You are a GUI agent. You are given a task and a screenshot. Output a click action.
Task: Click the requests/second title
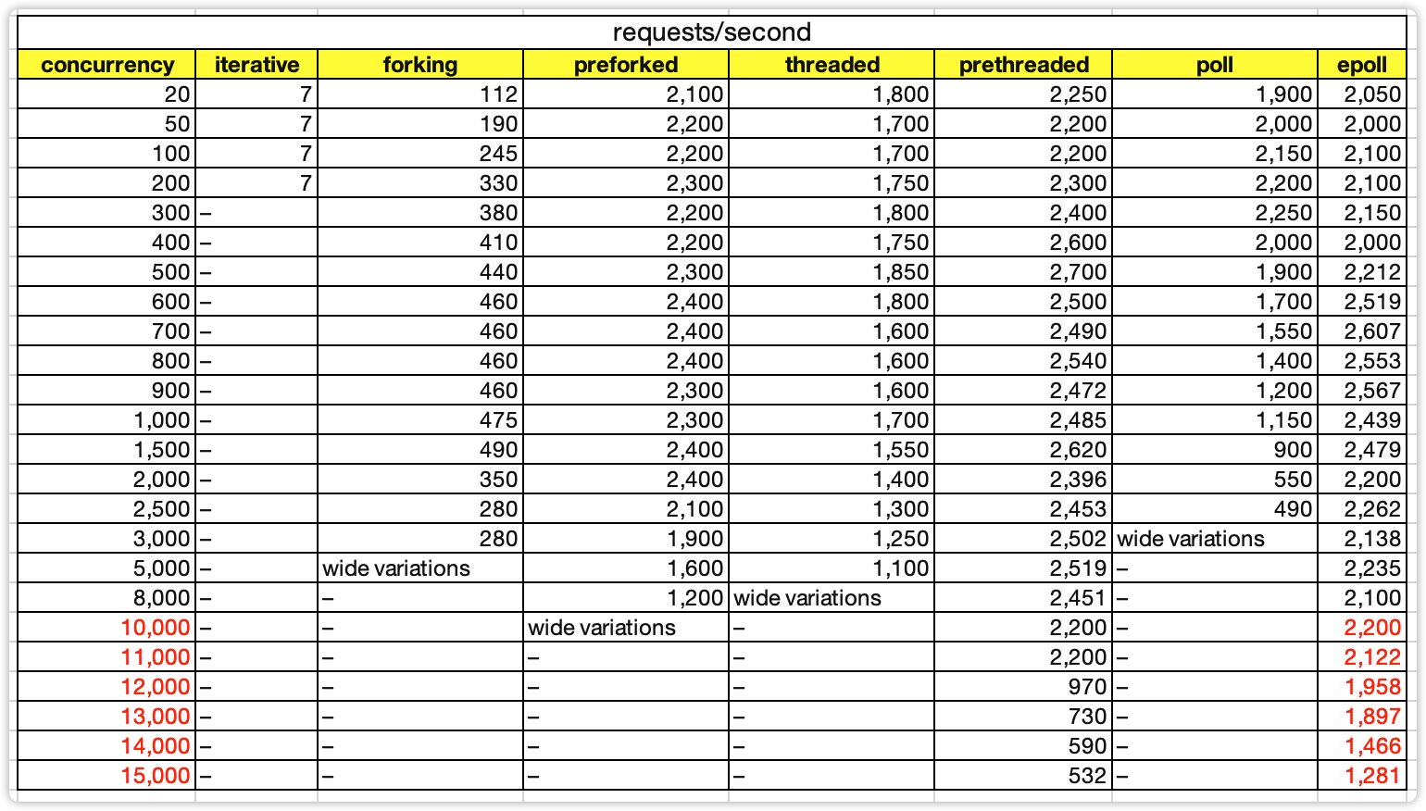(711, 32)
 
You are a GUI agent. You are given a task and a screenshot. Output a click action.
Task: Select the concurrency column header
(107, 65)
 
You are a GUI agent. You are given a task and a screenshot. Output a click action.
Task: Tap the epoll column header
(1361, 65)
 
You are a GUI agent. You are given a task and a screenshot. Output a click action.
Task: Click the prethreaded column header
(1023, 65)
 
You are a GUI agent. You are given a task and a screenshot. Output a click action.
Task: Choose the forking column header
(419, 65)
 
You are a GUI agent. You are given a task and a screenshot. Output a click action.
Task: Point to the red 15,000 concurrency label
(156, 776)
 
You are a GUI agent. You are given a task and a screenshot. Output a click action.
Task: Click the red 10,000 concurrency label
(156, 628)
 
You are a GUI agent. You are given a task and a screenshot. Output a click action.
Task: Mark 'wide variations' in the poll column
(1191, 539)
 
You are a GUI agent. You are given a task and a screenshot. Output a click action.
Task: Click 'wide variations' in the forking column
(396, 568)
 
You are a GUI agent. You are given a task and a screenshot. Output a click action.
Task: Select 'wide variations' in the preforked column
(602, 628)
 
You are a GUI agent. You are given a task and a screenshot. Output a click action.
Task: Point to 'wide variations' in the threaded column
(807, 598)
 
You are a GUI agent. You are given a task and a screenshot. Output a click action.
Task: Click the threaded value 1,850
(901, 272)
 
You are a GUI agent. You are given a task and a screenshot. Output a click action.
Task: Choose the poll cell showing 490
(1292, 509)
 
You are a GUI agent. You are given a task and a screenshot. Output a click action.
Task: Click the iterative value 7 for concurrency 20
(306, 94)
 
